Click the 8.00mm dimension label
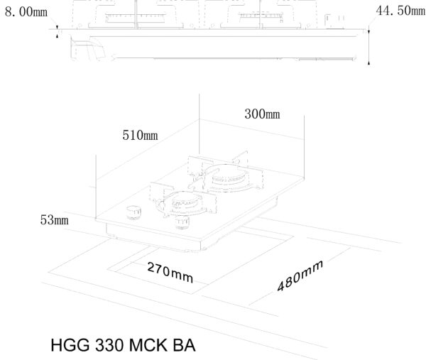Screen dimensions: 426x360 26,12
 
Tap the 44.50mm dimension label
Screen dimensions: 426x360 400,11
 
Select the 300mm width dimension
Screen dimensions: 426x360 262,114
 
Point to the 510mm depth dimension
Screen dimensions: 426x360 140,135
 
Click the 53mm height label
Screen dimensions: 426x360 55,220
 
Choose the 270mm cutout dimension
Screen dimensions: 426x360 170,273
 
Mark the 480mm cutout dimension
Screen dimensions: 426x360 300,276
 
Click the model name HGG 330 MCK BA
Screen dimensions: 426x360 123,345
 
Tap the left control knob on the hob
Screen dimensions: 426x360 134,212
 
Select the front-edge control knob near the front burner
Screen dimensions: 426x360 182,222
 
